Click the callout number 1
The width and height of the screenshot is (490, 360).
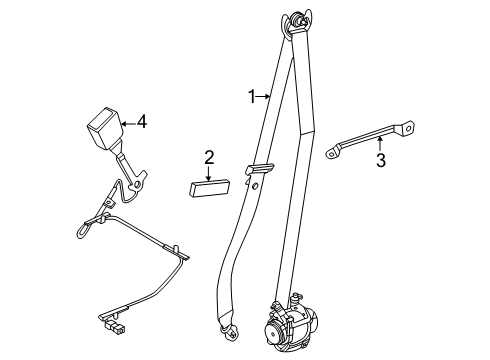(252, 96)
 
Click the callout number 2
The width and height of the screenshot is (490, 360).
(209, 156)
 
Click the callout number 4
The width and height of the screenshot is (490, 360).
(142, 123)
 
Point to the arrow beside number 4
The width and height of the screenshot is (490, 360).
(126, 123)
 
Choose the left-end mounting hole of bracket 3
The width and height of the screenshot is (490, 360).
(331, 153)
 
